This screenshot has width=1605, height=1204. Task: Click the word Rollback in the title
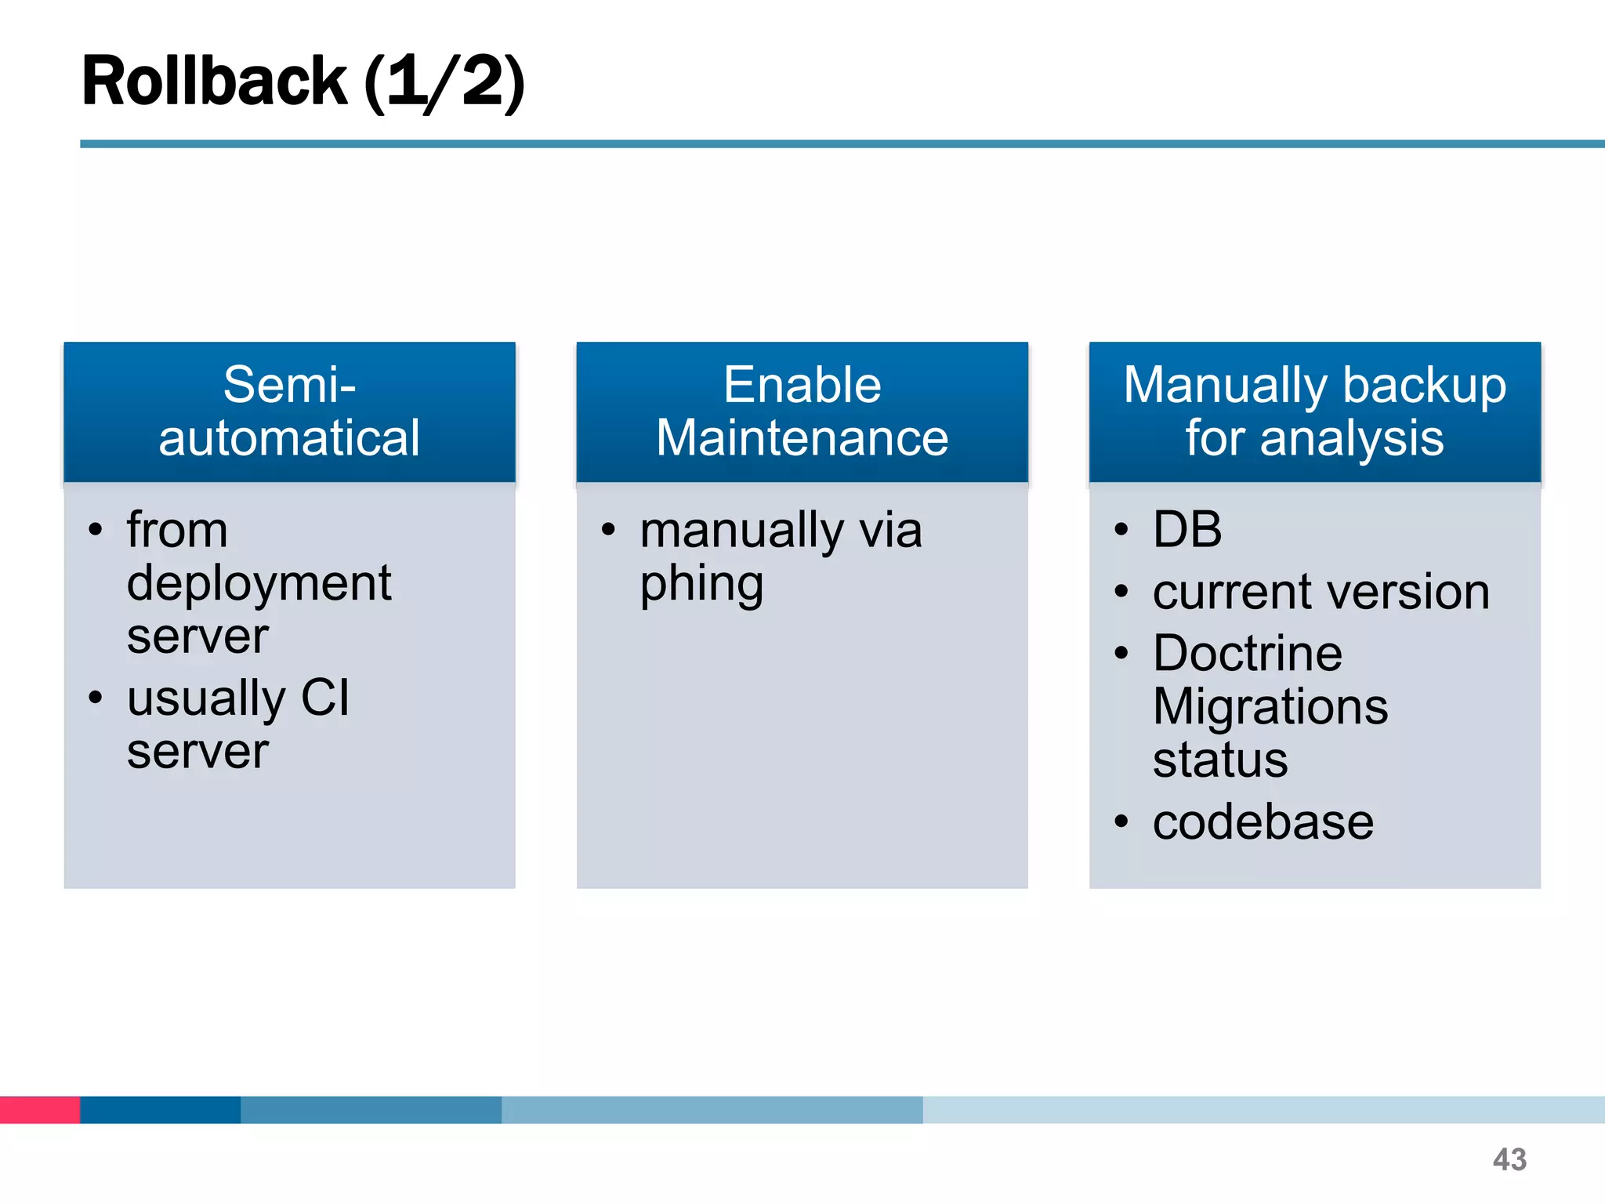click(x=214, y=82)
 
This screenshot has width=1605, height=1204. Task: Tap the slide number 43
click(x=1509, y=1159)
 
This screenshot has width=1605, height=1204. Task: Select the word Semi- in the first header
click(x=289, y=385)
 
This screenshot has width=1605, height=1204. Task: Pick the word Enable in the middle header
click(x=802, y=385)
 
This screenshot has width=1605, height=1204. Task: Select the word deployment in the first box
click(x=259, y=585)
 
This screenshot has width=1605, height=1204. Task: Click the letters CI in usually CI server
click(x=324, y=698)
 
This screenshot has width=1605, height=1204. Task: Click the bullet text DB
click(x=1187, y=529)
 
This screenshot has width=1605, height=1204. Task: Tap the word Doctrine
click(x=1247, y=653)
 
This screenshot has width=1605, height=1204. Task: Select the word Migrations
click(x=1270, y=707)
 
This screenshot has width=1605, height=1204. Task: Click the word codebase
click(x=1263, y=822)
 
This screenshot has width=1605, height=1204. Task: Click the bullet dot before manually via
click(x=608, y=530)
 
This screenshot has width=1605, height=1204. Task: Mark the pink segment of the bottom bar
click(x=39, y=1109)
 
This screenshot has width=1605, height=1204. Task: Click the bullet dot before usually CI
click(x=96, y=697)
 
